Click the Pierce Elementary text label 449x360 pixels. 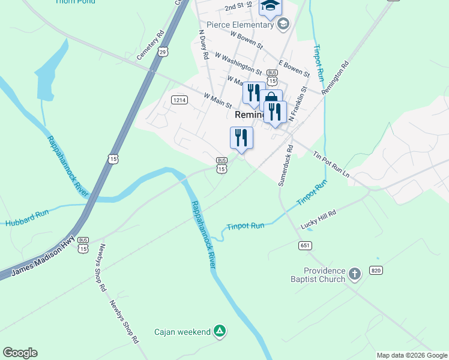click(240, 25)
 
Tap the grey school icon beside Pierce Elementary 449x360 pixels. click(283, 25)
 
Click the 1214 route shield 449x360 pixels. click(178, 100)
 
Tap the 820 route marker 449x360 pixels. click(376, 270)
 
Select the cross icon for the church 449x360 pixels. click(355, 275)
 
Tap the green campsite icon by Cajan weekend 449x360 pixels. click(220, 331)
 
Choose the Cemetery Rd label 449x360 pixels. click(150, 45)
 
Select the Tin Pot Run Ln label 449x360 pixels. click(331, 163)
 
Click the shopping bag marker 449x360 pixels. click(271, 100)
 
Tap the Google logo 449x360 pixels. click(20, 353)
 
